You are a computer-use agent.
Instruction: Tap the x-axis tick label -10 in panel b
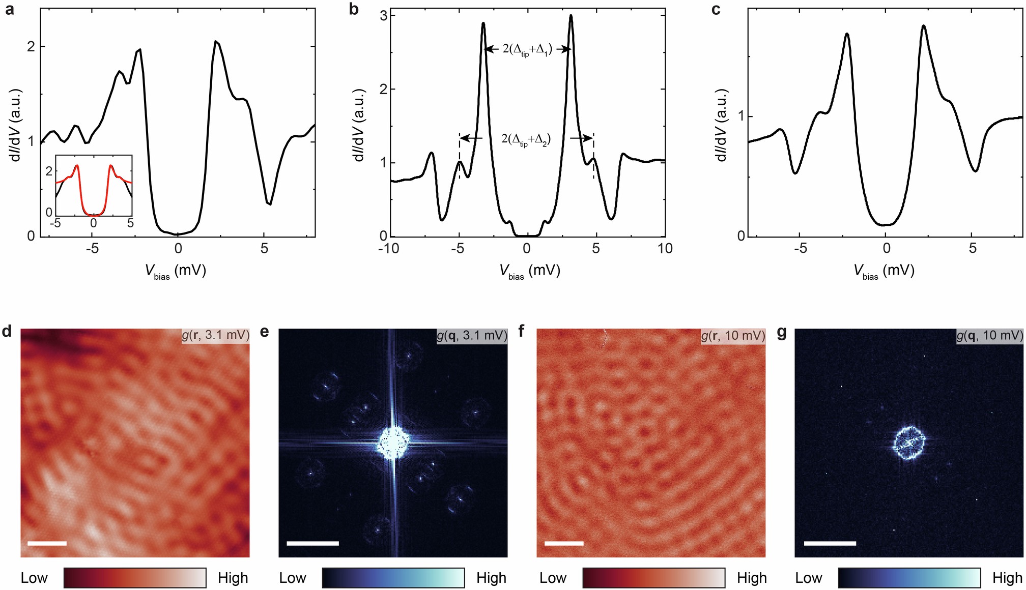tap(389, 249)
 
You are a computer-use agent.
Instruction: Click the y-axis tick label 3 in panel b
tap(384, 16)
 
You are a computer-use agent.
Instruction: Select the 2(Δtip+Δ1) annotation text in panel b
tap(527, 50)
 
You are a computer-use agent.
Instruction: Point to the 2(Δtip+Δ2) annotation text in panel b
tap(526, 139)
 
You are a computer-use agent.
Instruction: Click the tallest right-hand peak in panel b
tap(571, 17)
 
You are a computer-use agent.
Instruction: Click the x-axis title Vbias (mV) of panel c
tap(883, 271)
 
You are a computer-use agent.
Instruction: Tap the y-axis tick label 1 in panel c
tap(741, 116)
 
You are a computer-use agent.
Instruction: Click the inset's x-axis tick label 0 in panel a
tap(93, 223)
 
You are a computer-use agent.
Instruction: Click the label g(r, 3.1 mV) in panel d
tap(216, 335)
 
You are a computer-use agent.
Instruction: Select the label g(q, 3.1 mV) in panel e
tap(472, 335)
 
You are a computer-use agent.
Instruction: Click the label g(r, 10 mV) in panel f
tap(733, 335)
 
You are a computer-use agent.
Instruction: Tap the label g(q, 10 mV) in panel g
tap(989, 335)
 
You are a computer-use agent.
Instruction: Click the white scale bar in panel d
tap(47, 543)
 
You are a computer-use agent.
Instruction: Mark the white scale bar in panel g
tap(830, 543)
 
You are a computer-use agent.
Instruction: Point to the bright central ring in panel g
tap(909, 442)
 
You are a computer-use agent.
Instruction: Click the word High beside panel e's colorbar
tap(491, 578)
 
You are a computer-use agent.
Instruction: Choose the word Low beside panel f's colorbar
tap(553, 578)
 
